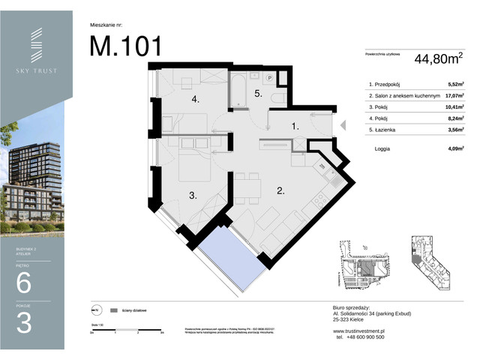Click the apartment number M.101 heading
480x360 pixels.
pos(125,46)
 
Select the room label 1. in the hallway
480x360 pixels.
pos(295,127)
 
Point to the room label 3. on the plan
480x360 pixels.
pos(193,196)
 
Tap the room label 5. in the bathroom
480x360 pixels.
pos(257,94)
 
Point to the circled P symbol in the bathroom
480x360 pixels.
pos(268,77)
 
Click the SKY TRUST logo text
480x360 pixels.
pos(37,71)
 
